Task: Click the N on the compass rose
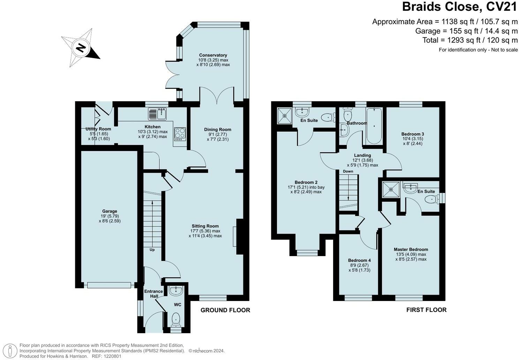(81, 48)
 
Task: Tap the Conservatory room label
(213, 55)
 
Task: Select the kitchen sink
(157, 114)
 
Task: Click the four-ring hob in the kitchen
(180, 134)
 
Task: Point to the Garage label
(110, 211)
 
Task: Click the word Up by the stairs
(152, 250)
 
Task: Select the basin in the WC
(176, 291)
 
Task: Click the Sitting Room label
(205, 226)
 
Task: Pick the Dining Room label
(218, 129)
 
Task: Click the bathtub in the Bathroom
(374, 126)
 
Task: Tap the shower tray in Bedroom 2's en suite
(285, 115)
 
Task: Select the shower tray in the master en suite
(391, 189)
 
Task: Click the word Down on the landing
(348, 171)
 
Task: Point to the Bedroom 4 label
(359, 260)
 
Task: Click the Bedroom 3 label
(413, 134)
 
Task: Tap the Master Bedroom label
(411, 249)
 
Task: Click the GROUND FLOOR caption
(225, 310)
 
